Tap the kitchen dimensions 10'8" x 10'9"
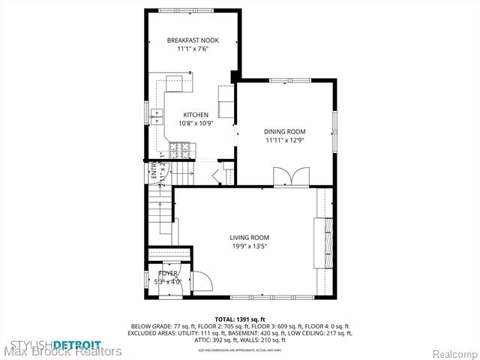[196, 123]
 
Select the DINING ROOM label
[285, 131]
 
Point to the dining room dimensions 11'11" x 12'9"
[285, 139]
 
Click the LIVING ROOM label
[249, 237]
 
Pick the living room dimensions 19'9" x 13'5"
[249, 245]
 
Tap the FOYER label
[168, 274]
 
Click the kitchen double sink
[158, 114]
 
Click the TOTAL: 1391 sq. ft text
[240, 319]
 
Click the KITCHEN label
[196, 115]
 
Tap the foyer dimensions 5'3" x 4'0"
[168, 282]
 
